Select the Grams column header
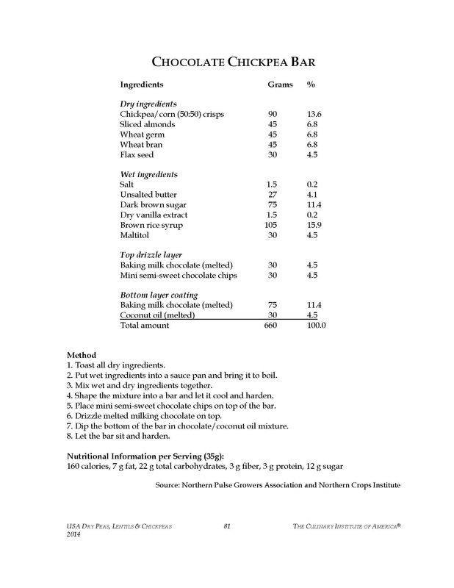[x=278, y=85]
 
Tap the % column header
[x=311, y=85]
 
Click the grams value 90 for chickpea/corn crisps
[x=273, y=115]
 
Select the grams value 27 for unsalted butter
[x=273, y=194]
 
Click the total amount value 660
[x=273, y=325]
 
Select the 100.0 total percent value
[x=316, y=325]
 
